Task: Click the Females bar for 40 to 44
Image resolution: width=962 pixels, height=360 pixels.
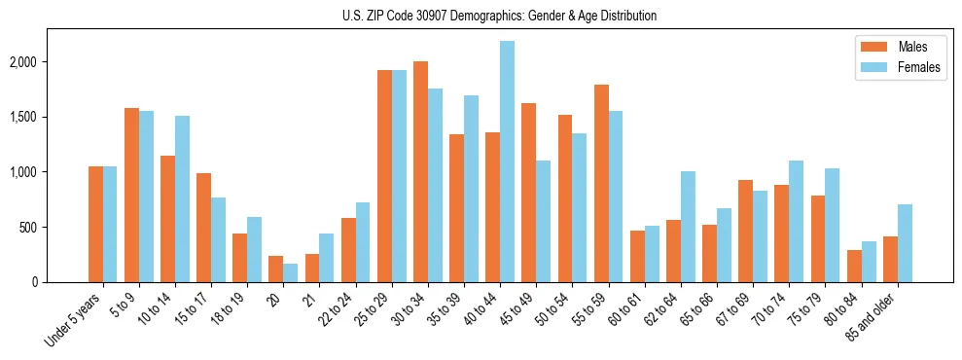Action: (x=507, y=162)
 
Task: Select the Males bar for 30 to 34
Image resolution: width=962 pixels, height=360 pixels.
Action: (x=420, y=172)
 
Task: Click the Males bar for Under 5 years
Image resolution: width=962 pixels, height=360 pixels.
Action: (x=95, y=225)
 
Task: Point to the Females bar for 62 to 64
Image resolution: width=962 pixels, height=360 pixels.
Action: (x=688, y=227)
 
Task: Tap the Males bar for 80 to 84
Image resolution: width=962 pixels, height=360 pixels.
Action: (x=853, y=266)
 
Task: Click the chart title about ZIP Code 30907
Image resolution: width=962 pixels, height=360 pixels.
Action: (x=500, y=16)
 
